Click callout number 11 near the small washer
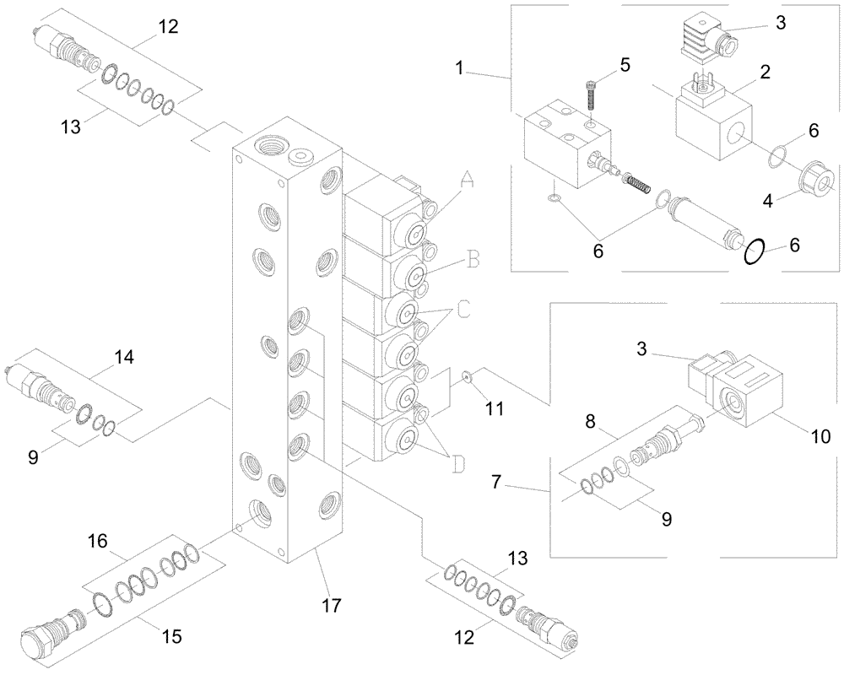pyautogui.click(x=494, y=408)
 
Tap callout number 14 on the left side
pyautogui.click(x=123, y=357)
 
